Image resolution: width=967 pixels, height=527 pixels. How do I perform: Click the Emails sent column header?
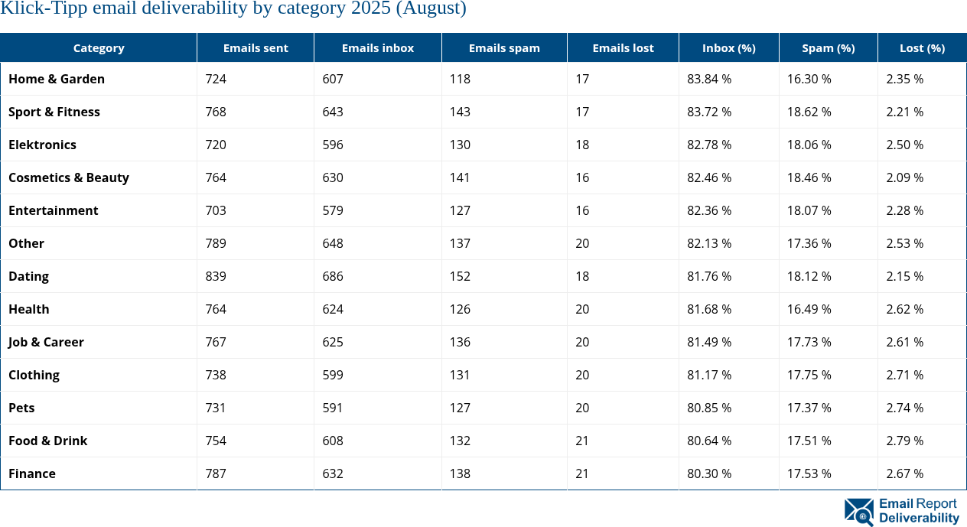tap(256, 47)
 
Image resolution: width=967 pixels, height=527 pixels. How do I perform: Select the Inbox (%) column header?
tap(728, 47)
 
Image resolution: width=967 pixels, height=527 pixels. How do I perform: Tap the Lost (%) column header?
tap(922, 47)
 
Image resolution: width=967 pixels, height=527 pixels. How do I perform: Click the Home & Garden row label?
tap(57, 79)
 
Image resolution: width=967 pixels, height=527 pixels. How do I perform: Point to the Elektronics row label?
tap(42, 145)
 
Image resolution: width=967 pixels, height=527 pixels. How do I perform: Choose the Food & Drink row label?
tap(47, 441)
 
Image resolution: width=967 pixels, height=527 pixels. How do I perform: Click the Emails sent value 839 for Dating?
tap(216, 276)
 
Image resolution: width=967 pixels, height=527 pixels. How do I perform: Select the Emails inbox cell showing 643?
tap(333, 112)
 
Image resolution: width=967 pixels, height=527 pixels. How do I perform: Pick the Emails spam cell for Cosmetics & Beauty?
tap(461, 177)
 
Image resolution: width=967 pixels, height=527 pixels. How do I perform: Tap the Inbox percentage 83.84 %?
tap(709, 79)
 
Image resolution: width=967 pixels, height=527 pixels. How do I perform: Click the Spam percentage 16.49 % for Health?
tap(809, 309)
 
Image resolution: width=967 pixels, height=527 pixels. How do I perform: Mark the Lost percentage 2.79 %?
tap(904, 441)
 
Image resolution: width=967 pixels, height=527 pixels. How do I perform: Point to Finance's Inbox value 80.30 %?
tap(709, 473)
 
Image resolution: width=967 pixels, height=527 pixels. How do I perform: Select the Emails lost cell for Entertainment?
tap(582, 210)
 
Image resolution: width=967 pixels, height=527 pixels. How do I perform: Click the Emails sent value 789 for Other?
tap(216, 243)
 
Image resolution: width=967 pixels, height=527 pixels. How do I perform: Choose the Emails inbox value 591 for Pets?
tap(333, 408)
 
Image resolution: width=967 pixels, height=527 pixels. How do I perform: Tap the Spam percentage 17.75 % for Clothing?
tap(809, 375)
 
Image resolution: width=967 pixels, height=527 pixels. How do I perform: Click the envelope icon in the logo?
tap(858, 511)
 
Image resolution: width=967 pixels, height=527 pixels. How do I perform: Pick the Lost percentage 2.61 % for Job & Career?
tap(904, 342)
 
